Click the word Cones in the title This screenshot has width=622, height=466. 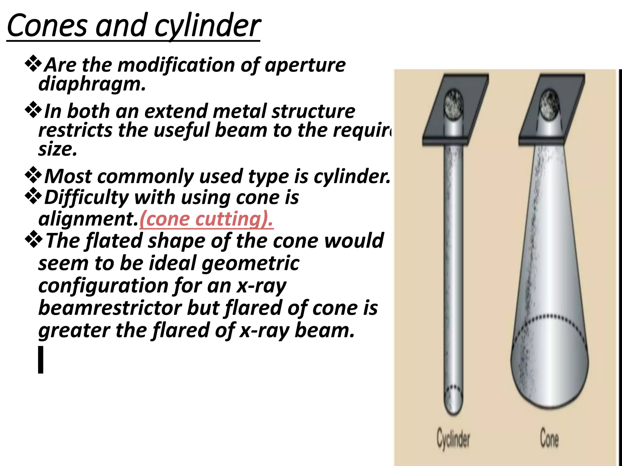click(47, 26)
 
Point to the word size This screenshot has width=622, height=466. click(57, 149)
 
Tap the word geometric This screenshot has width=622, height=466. click(250, 263)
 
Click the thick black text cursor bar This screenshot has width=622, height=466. click(41, 360)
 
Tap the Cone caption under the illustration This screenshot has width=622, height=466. click(549, 438)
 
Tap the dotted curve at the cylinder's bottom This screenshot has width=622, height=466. click(453, 388)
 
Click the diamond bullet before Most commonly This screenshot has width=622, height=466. click(33, 175)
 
